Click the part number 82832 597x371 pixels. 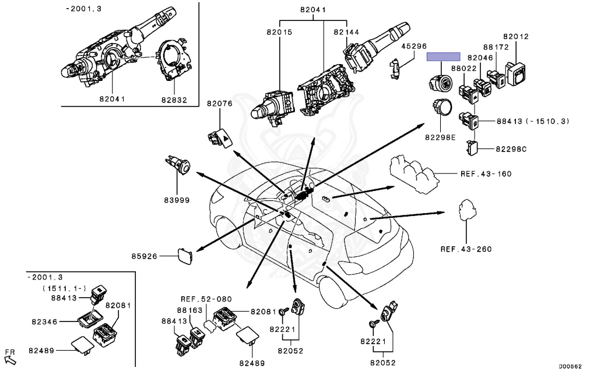174,100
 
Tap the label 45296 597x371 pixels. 414,46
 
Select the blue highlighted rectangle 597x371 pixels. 443,57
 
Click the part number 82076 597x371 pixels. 220,103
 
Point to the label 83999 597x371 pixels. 177,200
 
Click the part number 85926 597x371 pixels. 145,256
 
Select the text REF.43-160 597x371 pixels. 486,174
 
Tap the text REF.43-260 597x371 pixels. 466,249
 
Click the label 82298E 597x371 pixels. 440,137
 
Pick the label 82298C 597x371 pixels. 511,149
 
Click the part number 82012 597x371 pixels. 516,36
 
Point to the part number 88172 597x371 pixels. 496,47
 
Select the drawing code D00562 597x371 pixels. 570,366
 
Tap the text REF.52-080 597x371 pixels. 206,299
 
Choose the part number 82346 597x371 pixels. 44,321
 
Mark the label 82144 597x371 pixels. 346,32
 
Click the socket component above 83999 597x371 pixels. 178,165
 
